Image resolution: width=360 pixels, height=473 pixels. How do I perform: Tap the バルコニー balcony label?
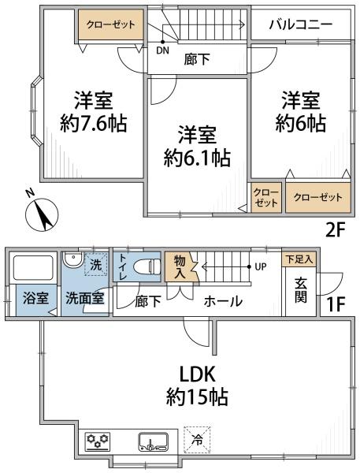301,24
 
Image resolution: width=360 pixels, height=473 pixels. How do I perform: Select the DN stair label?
162,50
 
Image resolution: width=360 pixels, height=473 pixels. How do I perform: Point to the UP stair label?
261,266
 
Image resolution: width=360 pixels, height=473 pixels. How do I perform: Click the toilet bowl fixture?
147,266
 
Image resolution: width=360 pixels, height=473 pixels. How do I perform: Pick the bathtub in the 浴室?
33,267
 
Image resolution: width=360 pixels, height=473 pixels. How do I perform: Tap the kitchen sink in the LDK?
153,442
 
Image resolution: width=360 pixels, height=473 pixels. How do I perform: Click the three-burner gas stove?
98,441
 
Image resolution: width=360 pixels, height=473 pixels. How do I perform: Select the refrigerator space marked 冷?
198,440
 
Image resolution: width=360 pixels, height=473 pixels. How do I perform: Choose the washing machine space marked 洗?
96,264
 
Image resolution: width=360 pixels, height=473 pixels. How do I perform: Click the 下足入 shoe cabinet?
299,259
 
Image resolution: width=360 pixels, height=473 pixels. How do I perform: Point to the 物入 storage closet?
180,267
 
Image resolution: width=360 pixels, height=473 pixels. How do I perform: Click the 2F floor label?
334,230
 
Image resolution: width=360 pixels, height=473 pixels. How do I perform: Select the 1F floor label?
336,304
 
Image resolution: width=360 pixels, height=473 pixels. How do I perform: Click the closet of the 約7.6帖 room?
111,24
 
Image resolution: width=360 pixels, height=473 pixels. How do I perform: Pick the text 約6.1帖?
197,158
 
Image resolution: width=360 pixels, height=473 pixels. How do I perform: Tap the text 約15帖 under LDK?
197,397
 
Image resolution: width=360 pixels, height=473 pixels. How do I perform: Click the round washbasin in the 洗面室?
72,259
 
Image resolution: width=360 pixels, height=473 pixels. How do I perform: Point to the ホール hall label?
223,301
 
